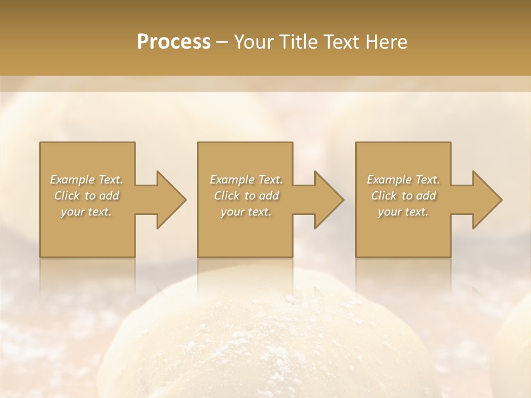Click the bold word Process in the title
(x=174, y=42)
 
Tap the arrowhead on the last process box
(x=485, y=200)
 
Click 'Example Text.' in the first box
(x=87, y=180)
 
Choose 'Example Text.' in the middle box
(x=246, y=180)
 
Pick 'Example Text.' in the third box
(x=403, y=180)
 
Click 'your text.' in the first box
(x=87, y=212)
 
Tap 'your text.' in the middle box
(x=246, y=212)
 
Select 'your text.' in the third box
(x=403, y=212)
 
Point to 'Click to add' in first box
(x=87, y=196)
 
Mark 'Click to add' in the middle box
(x=246, y=196)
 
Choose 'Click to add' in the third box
(x=403, y=196)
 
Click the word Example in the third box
(x=389, y=180)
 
